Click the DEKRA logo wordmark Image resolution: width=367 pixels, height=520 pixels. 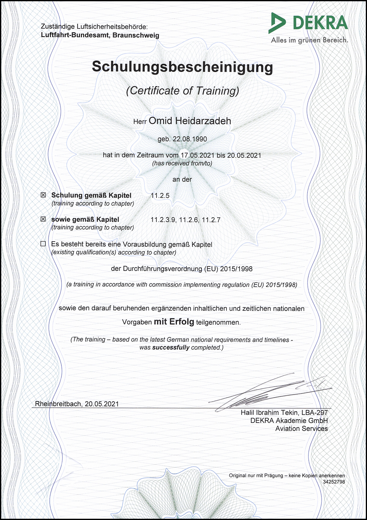click(x=320, y=23)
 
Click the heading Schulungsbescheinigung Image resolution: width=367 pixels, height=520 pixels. click(x=182, y=67)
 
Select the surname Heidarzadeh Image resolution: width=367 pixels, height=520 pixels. click(x=203, y=121)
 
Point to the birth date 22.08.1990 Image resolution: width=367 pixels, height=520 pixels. click(x=190, y=139)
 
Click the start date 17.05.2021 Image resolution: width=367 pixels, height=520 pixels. click(x=197, y=155)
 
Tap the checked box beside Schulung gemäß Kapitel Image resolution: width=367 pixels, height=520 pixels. click(x=43, y=195)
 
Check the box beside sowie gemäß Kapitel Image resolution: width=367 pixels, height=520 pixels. click(x=43, y=219)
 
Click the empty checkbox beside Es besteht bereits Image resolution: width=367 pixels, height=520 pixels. click(x=43, y=244)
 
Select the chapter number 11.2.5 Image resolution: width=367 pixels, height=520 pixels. click(x=160, y=195)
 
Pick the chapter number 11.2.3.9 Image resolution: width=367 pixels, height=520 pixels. click(x=163, y=220)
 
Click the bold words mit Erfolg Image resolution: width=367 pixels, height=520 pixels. click(x=174, y=322)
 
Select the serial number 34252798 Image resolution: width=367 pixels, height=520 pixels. click(x=334, y=482)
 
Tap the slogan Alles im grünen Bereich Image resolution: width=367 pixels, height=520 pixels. click(x=310, y=40)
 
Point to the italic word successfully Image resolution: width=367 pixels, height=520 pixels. click(x=171, y=347)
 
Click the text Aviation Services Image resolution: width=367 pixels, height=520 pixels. click(x=302, y=428)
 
